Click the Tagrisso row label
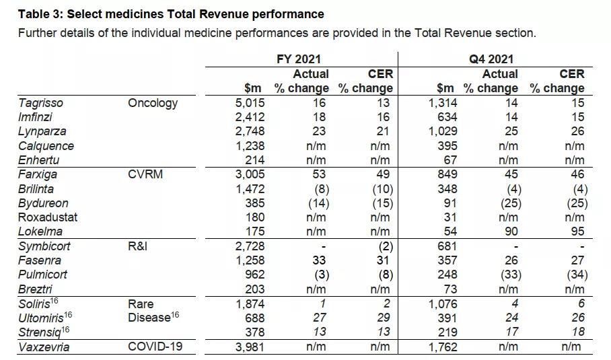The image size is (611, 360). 40,103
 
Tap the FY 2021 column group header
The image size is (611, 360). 298,59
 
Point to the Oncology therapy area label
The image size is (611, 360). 153,103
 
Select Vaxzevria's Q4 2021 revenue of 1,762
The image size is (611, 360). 441,347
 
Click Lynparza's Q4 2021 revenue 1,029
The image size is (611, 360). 441,132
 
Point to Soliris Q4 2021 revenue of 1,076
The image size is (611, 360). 441,304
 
